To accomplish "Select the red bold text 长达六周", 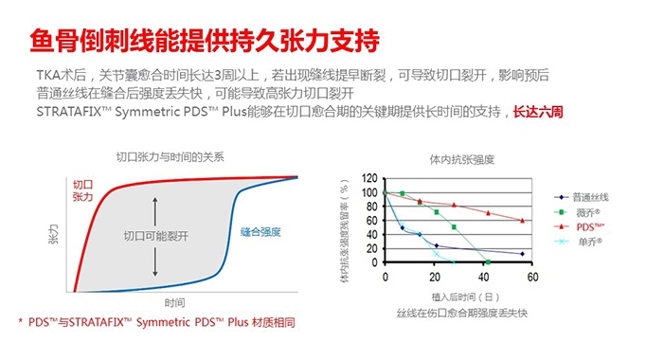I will click(x=538, y=111).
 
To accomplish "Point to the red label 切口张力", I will click(x=82, y=189).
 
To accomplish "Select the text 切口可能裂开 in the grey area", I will click(x=156, y=234).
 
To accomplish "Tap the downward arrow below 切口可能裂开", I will click(x=155, y=260).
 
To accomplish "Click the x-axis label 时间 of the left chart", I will click(x=173, y=303).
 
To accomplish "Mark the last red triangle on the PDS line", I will click(x=523, y=221).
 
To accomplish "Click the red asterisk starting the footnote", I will click(x=20, y=324).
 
